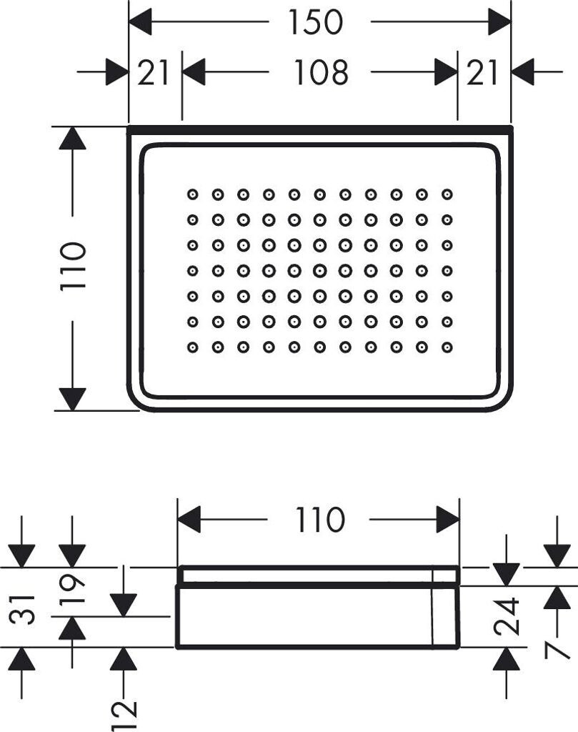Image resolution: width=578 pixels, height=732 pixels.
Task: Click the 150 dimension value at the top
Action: (x=316, y=22)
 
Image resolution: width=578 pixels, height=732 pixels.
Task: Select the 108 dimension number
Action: (x=321, y=72)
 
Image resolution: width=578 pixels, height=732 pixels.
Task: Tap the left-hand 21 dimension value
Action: (x=153, y=73)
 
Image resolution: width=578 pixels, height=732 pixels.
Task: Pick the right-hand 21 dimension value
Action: (x=482, y=73)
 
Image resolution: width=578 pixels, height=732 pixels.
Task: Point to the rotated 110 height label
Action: (x=74, y=266)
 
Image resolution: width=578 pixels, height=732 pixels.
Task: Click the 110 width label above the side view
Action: (x=320, y=520)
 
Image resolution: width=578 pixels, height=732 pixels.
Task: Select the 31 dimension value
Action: (x=22, y=610)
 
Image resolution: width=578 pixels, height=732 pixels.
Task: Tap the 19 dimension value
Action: (x=72, y=588)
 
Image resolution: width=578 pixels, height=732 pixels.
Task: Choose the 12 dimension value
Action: (x=124, y=715)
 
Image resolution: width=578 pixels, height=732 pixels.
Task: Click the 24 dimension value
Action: (x=507, y=616)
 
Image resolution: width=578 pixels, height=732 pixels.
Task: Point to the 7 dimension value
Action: (x=557, y=644)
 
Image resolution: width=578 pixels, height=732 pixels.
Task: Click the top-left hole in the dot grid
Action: (x=193, y=194)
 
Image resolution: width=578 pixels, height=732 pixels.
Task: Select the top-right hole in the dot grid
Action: (x=447, y=194)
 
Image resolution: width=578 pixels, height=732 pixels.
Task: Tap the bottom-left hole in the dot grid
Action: (x=193, y=347)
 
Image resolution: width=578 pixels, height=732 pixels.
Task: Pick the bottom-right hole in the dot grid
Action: (x=447, y=347)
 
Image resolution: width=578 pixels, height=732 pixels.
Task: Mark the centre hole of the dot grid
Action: (x=319, y=270)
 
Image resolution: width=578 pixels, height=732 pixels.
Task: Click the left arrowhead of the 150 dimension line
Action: (x=140, y=21)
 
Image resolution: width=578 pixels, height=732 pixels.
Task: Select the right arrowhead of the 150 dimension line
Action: (x=499, y=21)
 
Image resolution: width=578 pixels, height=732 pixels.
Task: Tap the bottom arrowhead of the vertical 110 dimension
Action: (x=72, y=399)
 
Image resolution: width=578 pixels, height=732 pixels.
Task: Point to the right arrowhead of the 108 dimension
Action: (x=446, y=72)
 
